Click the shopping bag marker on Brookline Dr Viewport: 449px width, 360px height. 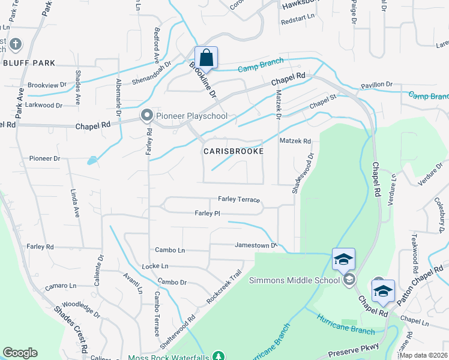pyautogui.click(x=206, y=58)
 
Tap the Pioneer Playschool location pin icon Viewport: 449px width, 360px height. pyautogui.click(x=146, y=115)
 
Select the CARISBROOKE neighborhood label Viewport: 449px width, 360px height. pyautogui.click(x=234, y=152)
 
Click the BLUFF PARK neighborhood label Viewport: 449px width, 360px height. pyautogui.click(x=29, y=63)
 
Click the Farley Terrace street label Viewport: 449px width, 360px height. pyautogui.click(x=239, y=199)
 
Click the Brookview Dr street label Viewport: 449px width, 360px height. pyautogui.click(x=47, y=85)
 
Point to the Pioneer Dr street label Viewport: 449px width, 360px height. pyautogui.click(x=45, y=158)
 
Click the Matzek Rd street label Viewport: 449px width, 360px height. pyautogui.click(x=295, y=141)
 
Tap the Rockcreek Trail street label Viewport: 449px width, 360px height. pyautogui.click(x=224, y=285)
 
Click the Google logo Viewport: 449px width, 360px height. pyautogui.click(x=20, y=353)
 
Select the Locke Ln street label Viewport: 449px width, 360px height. pyautogui.click(x=155, y=265)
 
